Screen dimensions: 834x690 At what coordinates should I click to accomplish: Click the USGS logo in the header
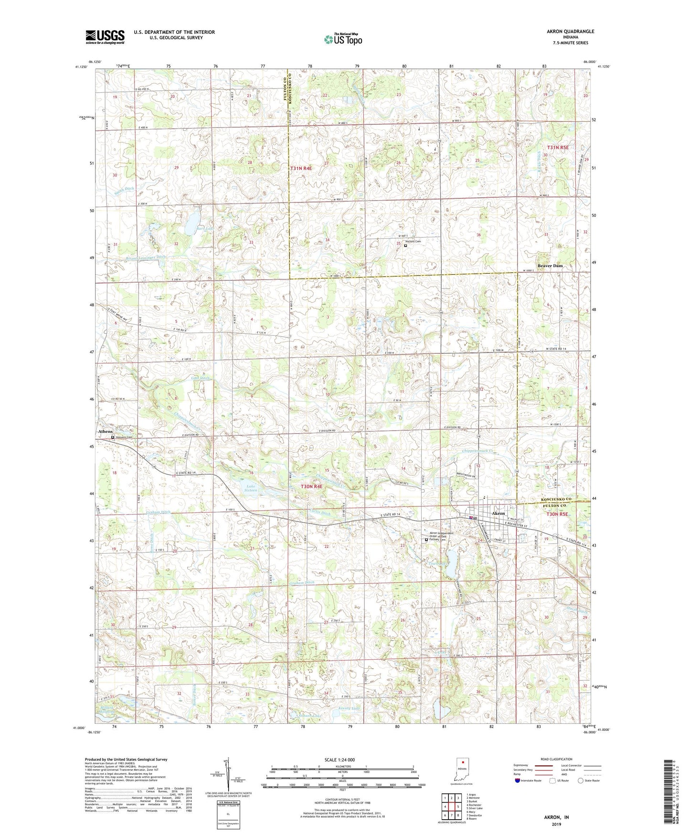click(105, 36)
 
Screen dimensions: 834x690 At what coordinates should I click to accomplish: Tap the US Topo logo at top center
click(342, 39)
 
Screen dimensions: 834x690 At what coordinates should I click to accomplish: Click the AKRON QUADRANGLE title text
click(570, 32)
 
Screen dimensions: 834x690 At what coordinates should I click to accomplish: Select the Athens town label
click(106, 431)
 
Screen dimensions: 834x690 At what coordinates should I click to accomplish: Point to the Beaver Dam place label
click(550, 266)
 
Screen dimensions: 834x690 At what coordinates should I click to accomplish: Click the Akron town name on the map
click(498, 513)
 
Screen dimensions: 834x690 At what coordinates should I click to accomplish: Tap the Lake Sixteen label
click(251, 488)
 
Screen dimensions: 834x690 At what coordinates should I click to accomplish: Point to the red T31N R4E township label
click(301, 168)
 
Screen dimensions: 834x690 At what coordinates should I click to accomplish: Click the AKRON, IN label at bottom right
click(556, 817)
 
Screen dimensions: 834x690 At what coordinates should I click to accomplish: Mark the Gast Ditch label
click(201, 378)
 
